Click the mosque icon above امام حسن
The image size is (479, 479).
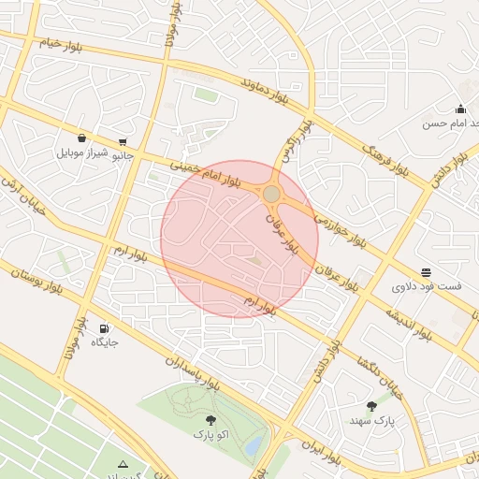click(460, 109)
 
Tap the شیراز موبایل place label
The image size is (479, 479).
click(83, 152)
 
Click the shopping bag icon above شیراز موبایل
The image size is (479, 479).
click(82, 138)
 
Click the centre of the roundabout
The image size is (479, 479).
click(271, 194)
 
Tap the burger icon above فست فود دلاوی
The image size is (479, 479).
click(427, 273)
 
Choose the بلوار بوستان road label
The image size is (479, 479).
click(37, 282)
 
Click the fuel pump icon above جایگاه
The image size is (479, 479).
click(103, 328)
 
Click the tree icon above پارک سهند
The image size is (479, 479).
click(372, 406)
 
